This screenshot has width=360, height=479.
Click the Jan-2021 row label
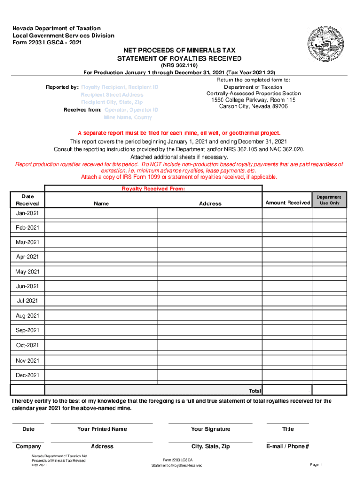[x=28, y=213]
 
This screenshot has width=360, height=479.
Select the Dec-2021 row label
[x=28, y=375]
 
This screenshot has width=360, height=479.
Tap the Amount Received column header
[x=288, y=203]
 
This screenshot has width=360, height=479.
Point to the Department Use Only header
[x=329, y=200]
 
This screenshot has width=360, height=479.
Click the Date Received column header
[x=28, y=199]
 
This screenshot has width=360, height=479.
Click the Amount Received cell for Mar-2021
[x=287, y=242]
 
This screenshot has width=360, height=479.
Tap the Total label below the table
[x=255, y=391]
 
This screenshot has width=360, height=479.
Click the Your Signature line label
[x=210, y=429]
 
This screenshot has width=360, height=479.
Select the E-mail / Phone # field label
[x=288, y=446]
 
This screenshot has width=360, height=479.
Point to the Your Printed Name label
[x=102, y=429]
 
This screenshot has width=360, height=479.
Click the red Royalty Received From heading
[x=153, y=189]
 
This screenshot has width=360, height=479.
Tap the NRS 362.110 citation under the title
[x=180, y=65]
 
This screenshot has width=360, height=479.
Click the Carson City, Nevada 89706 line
[x=253, y=106]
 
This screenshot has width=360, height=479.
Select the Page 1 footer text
[x=317, y=464]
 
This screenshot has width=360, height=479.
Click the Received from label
[x=82, y=110]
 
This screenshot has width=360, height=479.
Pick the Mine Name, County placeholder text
[x=128, y=117]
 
